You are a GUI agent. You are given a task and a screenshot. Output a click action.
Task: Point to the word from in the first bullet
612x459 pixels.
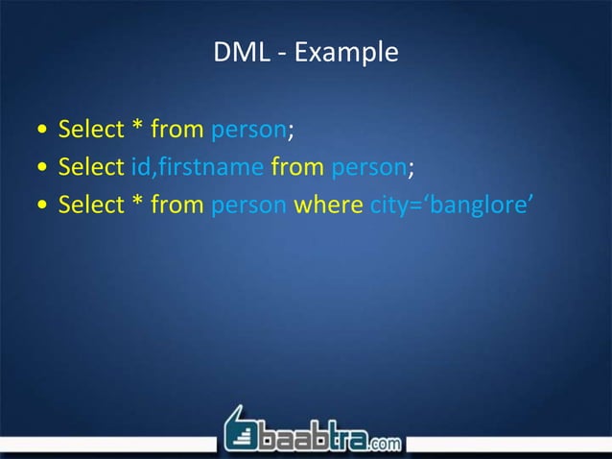171,129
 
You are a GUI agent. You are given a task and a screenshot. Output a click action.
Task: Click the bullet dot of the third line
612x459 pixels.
37,206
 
